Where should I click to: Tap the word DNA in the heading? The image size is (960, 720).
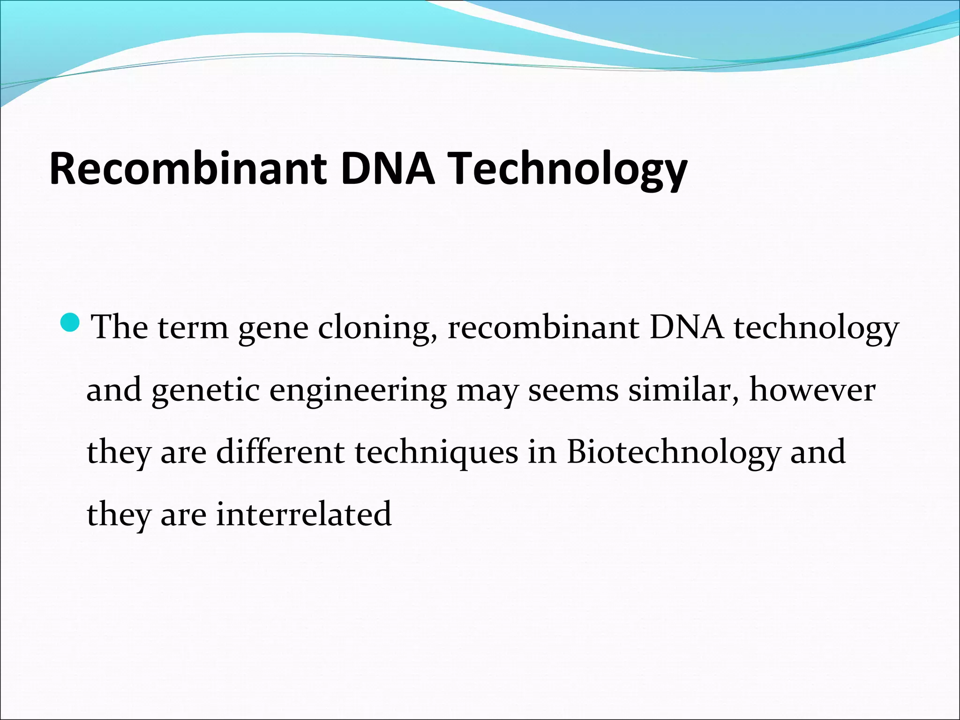click(387, 169)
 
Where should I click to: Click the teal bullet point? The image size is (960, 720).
click(71, 322)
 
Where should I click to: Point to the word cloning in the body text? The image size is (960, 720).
click(380, 328)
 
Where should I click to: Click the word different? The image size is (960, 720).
click(280, 452)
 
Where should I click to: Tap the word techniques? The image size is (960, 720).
click(436, 453)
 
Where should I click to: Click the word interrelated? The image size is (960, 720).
click(304, 514)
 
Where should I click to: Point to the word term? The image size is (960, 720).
click(193, 328)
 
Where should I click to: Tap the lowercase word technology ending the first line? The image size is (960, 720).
click(816, 328)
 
